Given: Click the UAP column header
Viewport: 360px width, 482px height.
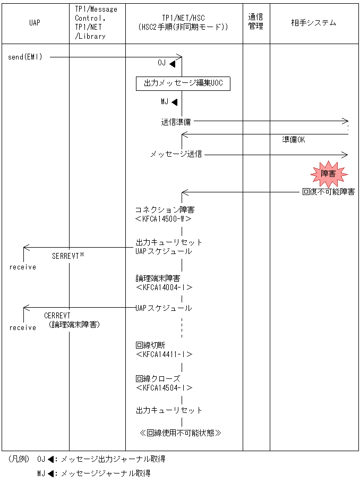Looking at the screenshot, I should pos(35,23).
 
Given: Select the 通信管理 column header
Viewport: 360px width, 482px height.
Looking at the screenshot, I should pos(256,23).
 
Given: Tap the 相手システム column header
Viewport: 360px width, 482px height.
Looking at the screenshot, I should pos(313,23).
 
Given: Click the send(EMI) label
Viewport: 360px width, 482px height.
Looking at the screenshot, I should pos(25,57).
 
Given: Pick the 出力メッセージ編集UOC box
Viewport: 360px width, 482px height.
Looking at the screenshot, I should pos(183,84).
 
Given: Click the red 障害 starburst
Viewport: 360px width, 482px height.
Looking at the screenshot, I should pos(328,173).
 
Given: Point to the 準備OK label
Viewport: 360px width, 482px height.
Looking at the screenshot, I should pos(293,140).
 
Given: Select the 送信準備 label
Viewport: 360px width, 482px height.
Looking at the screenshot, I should pos(176,122).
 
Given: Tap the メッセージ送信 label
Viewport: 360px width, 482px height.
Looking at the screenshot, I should pos(176,155).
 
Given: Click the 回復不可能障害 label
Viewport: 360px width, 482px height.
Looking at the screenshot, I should pos(328,192).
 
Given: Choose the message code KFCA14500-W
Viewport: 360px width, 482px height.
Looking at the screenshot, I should pos(164,218).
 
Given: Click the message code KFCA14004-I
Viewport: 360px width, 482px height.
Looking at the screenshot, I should pos(164,287).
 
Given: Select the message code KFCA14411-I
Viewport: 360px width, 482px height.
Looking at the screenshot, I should pos(164,354).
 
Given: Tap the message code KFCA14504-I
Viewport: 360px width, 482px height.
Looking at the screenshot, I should pos(164,388).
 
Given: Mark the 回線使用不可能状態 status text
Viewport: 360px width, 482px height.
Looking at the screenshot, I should pos(180,433).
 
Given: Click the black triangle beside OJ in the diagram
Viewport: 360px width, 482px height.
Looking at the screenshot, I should pos(172,63).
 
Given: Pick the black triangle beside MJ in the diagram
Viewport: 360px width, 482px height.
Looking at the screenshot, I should pos(174,102).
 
